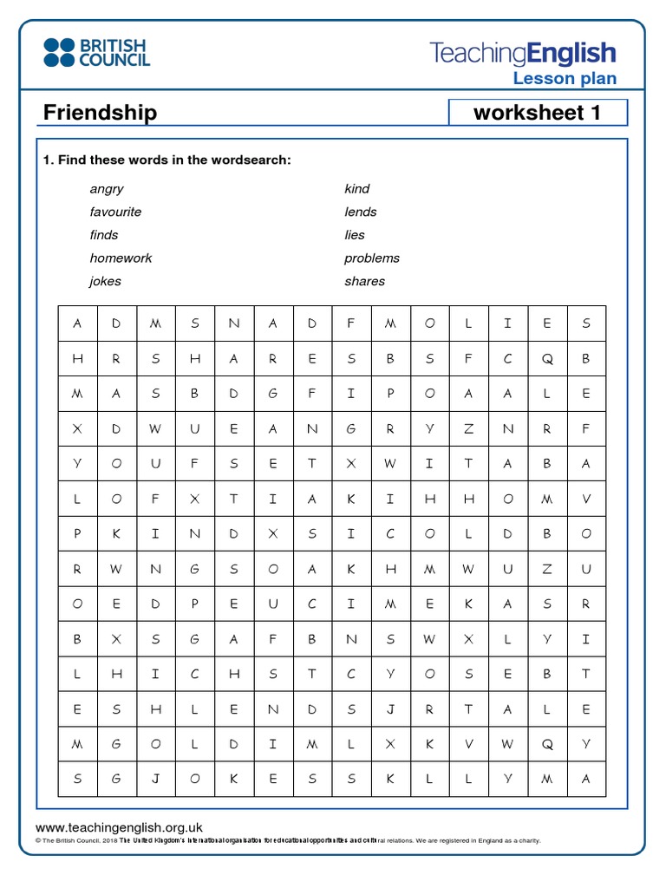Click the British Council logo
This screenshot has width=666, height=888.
click(96, 52)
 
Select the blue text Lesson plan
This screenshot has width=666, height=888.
click(565, 79)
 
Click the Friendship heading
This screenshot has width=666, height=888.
click(100, 113)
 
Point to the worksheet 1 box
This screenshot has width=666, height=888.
click(537, 113)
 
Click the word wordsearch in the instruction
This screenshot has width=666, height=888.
click(251, 160)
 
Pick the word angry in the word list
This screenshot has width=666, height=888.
click(106, 189)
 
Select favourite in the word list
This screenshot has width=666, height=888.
click(115, 212)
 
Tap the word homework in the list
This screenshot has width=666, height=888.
click(121, 258)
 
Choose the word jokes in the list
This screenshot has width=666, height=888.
click(105, 281)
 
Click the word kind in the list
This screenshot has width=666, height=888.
click(356, 189)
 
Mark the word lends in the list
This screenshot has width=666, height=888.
click(360, 212)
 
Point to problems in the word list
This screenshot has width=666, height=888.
click(371, 258)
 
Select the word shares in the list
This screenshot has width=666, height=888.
click(364, 281)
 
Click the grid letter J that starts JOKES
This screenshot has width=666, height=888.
click(155, 779)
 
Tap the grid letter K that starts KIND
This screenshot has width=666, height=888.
click(116, 534)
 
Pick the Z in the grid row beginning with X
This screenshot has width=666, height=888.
click(468, 428)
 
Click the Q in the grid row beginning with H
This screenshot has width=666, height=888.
click(546, 358)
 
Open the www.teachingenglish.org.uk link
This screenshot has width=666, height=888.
click(119, 828)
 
